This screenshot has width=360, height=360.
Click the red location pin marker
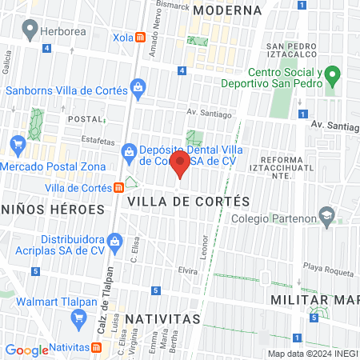pos(180,166)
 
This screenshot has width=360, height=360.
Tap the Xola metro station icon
pos(140,37)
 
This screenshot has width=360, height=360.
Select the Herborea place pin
pos(30,31)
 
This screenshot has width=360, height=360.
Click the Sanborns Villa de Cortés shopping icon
pos(138,86)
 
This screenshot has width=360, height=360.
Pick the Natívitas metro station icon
pos(97,348)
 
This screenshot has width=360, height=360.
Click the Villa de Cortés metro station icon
pos(118,188)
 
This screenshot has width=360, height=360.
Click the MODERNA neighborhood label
pos(227,10)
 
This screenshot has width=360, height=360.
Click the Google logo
pos(26,350)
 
